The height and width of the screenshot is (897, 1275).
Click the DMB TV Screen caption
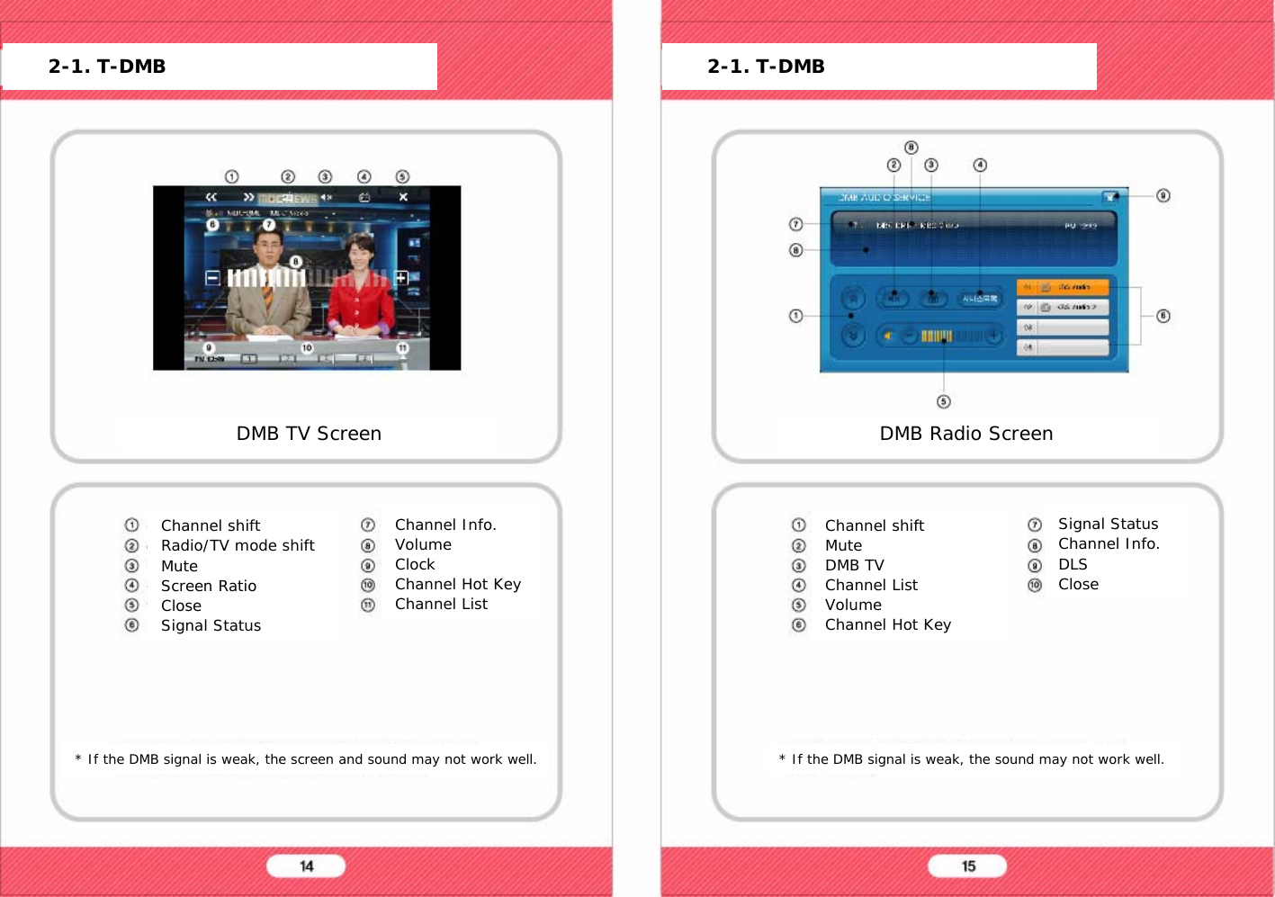point(309,434)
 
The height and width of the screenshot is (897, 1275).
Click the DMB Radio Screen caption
point(965,434)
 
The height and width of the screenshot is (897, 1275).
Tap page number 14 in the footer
point(306,866)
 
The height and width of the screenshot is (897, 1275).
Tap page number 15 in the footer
point(967,866)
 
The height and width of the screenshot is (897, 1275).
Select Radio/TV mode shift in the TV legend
point(238,545)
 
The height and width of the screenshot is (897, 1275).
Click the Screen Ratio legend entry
point(208,586)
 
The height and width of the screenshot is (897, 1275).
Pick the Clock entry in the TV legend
point(415,564)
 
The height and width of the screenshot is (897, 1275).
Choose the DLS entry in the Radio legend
point(1073,564)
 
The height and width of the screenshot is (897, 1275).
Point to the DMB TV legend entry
point(854,565)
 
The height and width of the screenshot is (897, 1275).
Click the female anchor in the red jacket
point(360,288)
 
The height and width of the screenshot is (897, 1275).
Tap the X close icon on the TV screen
point(403,196)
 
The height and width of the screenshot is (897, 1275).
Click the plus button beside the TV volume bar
point(401,278)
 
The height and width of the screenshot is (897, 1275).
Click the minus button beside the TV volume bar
point(212,278)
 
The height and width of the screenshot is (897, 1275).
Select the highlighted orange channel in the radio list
point(1062,287)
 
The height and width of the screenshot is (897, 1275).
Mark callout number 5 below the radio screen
point(943,401)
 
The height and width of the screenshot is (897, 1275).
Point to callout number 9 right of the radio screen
point(1163,195)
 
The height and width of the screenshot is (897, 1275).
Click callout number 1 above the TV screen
point(231,176)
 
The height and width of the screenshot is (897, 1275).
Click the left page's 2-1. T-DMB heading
point(107,67)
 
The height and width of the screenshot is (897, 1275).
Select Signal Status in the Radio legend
point(1108,524)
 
